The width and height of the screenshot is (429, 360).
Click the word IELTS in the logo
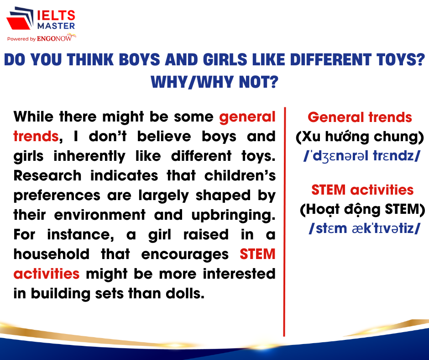(56, 16)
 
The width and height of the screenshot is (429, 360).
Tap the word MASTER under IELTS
(56, 26)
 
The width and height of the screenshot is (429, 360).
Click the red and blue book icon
(20, 18)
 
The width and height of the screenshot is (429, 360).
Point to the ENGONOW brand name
(54, 39)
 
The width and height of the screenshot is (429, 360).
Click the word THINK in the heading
(90, 59)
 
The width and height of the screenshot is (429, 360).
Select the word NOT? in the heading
(259, 82)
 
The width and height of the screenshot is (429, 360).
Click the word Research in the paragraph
(47, 175)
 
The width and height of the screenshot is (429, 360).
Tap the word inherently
(89, 156)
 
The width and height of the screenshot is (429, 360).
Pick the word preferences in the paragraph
(57, 196)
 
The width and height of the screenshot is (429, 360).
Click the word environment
(100, 215)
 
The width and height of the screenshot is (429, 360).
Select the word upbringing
(233, 216)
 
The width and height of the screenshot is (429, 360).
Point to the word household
(52, 254)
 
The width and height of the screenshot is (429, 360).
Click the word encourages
(185, 255)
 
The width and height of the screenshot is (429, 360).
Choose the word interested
(239, 274)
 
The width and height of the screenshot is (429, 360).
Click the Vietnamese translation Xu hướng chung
(360, 137)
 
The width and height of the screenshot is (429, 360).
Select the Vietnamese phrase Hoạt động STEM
(362, 210)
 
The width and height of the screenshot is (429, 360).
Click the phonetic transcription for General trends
(362, 156)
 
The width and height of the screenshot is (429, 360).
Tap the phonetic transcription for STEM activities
(364, 228)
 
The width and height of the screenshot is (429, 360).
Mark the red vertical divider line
(284, 222)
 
